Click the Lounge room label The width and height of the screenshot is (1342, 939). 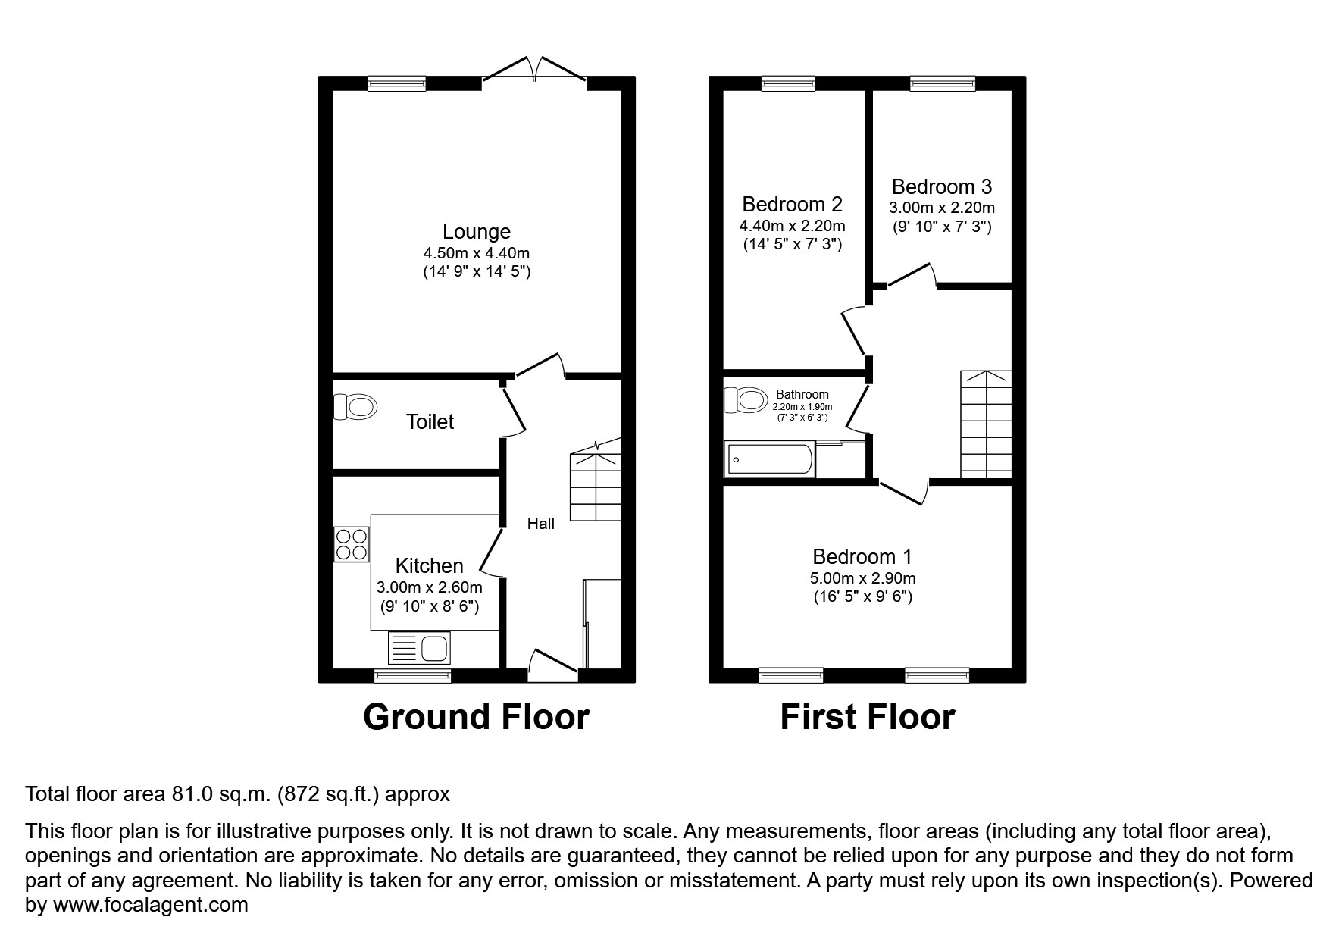click(x=476, y=232)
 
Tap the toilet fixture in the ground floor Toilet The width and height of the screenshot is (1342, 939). click(x=355, y=406)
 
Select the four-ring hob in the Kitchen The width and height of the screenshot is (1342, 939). click(x=352, y=543)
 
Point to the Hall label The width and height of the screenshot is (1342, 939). click(x=541, y=523)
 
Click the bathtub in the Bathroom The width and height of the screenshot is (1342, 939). click(x=770, y=459)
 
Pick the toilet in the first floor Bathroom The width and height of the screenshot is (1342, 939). click(x=743, y=399)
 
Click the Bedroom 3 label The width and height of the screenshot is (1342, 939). click(x=941, y=186)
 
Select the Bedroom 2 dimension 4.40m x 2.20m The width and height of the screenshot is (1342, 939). click(x=792, y=226)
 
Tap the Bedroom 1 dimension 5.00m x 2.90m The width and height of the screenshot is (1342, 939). click(x=862, y=578)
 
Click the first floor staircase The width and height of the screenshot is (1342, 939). click(x=986, y=424)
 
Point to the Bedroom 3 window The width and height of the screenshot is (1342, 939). click(x=942, y=83)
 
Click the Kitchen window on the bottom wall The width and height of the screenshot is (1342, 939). click(x=413, y=675)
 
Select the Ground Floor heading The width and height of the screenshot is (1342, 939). click(x=476, y=717)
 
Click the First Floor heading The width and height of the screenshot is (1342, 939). click(x=867, y=717)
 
